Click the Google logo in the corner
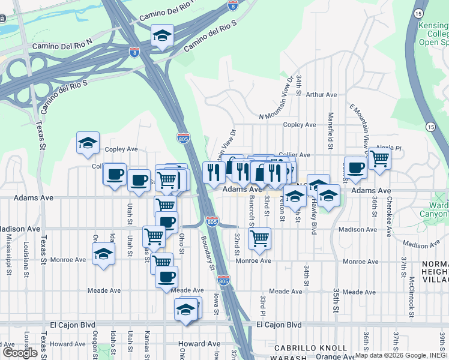click(20, 352)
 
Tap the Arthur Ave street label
click(322, 95)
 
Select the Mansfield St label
click(330, 130)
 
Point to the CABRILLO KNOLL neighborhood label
click(310, 348)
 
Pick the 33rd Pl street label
click(262, 307)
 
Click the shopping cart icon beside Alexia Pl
click(379, 159)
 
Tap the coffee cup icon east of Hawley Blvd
click(355, 168)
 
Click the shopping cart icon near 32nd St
click(259, 238)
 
